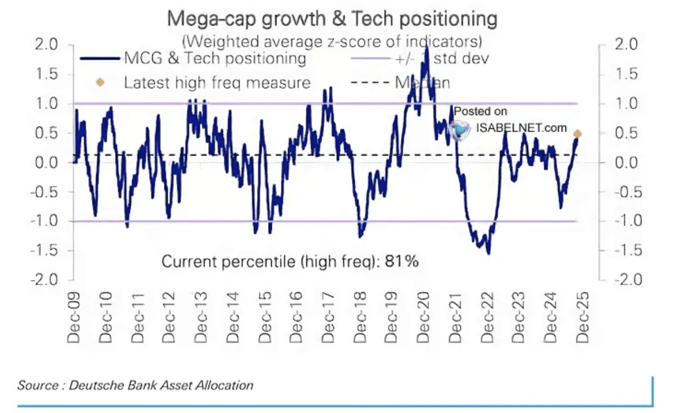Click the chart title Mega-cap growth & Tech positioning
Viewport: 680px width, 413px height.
pos(332,19)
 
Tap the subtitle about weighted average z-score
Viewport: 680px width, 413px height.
pos(332,41)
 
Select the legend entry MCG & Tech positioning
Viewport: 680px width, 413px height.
pos(215,58)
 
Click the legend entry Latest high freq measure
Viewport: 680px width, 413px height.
pos(217,82)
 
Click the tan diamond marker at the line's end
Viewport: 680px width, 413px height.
pos(577,134)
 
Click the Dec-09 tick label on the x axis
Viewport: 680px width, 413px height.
pos(73,321)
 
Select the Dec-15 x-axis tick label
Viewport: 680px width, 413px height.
pos(266,321)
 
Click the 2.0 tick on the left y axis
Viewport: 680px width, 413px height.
pos(54,44)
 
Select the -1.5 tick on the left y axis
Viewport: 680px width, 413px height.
pos(51,250)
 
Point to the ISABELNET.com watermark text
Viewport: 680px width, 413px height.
pos(522,127)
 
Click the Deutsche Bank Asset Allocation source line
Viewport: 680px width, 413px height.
pos(135,385)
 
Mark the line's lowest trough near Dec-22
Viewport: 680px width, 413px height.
pos(489,253)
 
